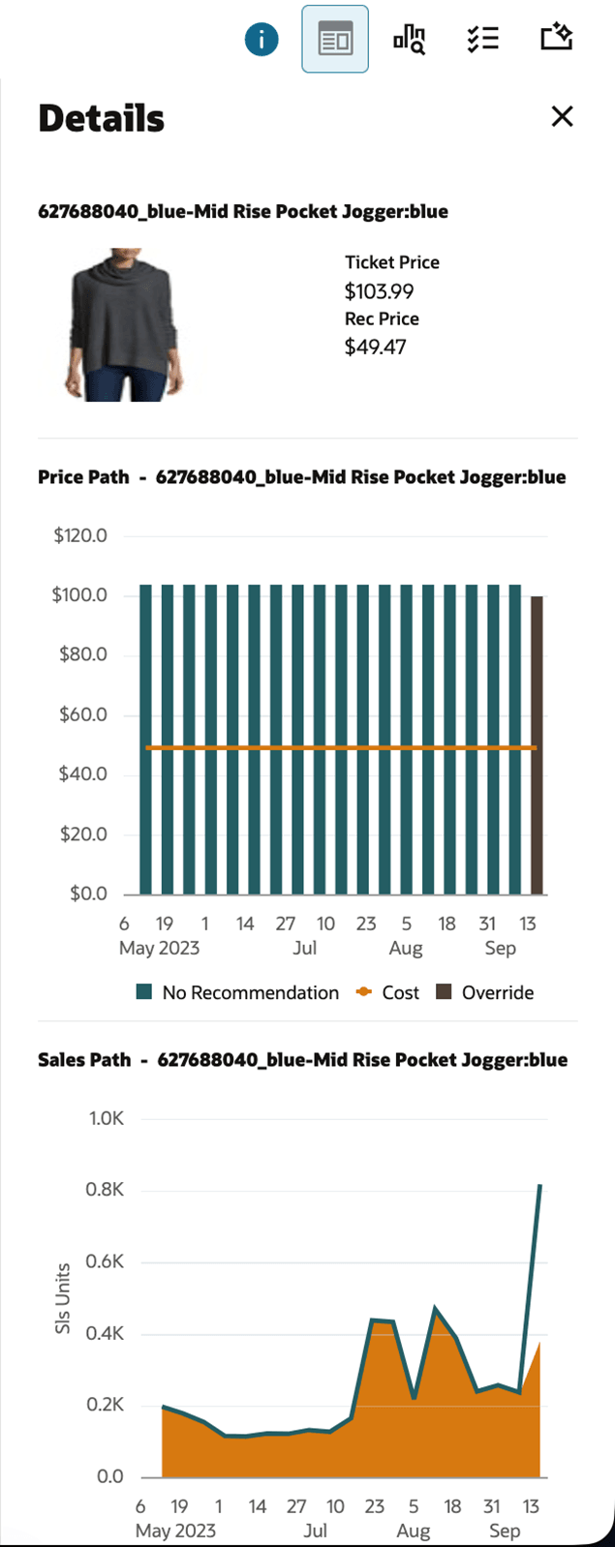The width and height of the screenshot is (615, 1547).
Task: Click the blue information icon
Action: tap(261, 40)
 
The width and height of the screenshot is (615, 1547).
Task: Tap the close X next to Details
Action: tap(562, 117)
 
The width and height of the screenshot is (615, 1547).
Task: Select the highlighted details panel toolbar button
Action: tap(335, 40)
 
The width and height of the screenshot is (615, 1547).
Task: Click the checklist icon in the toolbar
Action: tap(482, 40)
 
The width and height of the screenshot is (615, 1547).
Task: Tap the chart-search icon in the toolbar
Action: tap(409, 40)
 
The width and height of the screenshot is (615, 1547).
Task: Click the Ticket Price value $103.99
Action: tap(380, 290)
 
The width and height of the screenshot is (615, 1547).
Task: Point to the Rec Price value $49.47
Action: tap(375, 347)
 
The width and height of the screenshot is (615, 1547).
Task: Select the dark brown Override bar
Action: tap(537, 744)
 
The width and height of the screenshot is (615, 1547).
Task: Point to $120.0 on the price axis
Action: tap(80, 535)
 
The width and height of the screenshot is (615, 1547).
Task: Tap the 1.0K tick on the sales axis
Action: tap(107, 1118)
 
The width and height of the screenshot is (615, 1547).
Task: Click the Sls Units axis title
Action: tap(63, 1298)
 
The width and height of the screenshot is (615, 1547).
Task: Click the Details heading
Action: tap(102, 118)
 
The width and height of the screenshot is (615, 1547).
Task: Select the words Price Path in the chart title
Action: tap(83, 476)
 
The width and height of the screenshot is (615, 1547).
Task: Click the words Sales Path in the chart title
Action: tap(84, 1059)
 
